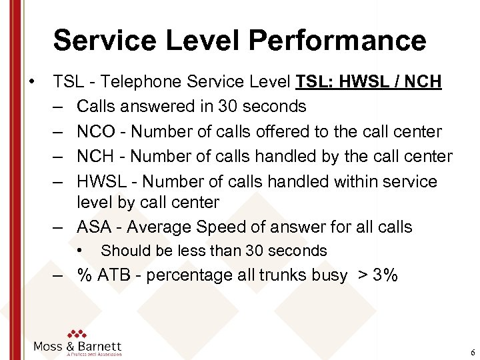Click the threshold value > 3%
point(376,275)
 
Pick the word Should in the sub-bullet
point(122,251)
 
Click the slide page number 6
point(472,352)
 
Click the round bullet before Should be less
point(79,251)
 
